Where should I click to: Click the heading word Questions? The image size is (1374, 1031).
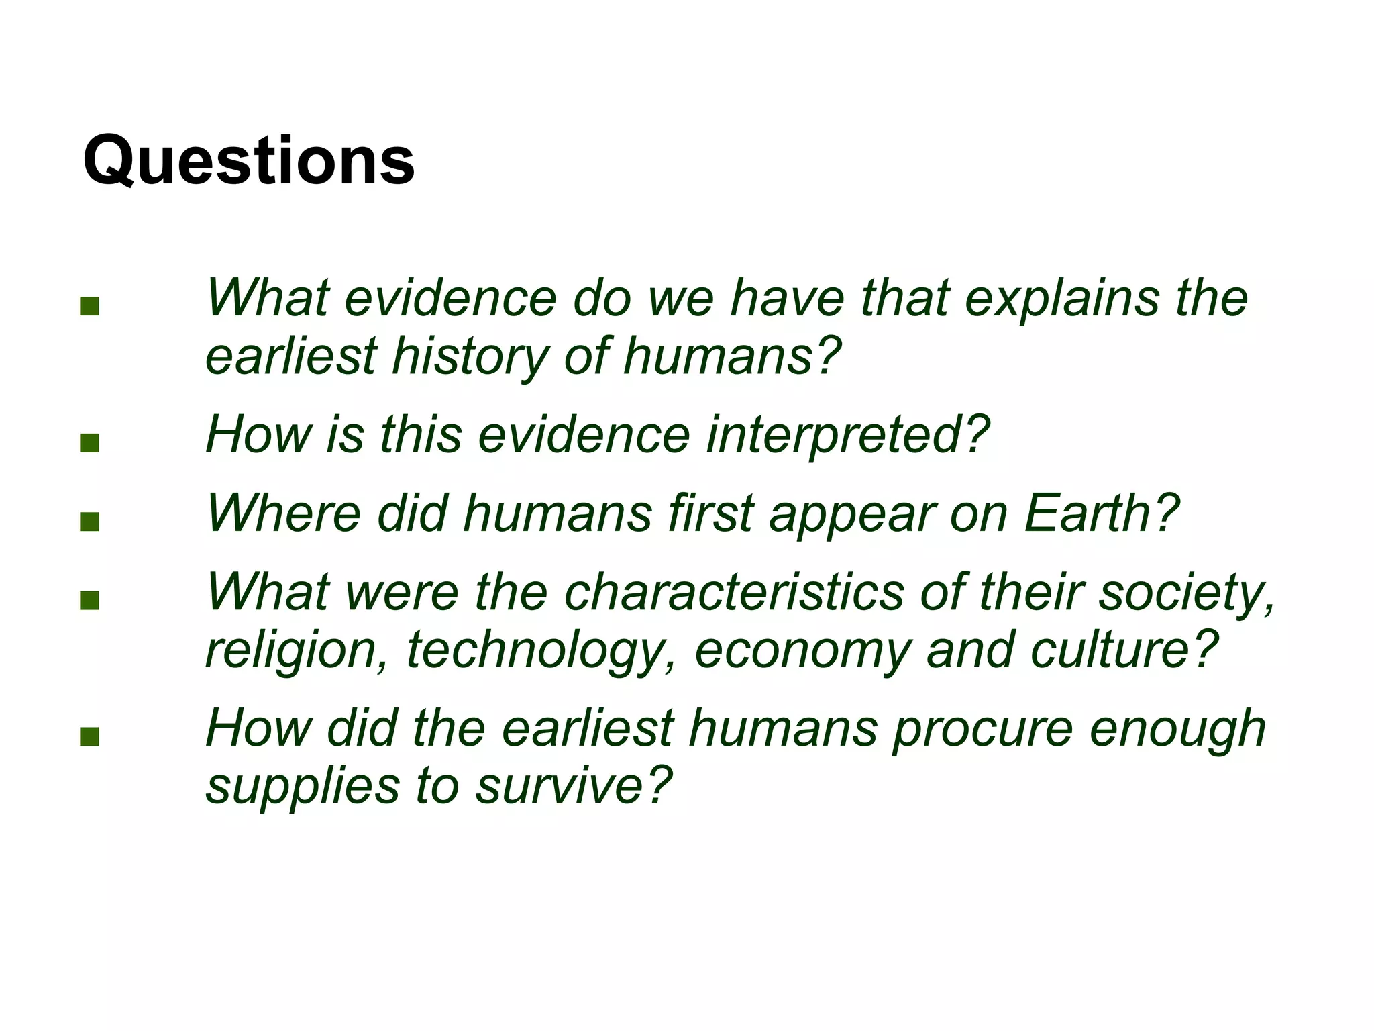coord(249,161)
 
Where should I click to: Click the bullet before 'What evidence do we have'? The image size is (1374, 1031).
coord(89,307)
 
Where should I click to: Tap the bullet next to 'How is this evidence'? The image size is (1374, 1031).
coord(89,443)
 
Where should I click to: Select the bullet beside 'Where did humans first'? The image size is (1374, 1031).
coord(89,522)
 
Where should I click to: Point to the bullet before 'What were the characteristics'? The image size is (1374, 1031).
coord(89,600)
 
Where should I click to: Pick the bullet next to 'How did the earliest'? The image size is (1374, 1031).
coord(89,736)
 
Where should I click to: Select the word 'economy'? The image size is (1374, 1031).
coord(802,651)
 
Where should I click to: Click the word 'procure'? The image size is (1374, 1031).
coord(982,730)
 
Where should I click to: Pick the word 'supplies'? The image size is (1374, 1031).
coord(302,787)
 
